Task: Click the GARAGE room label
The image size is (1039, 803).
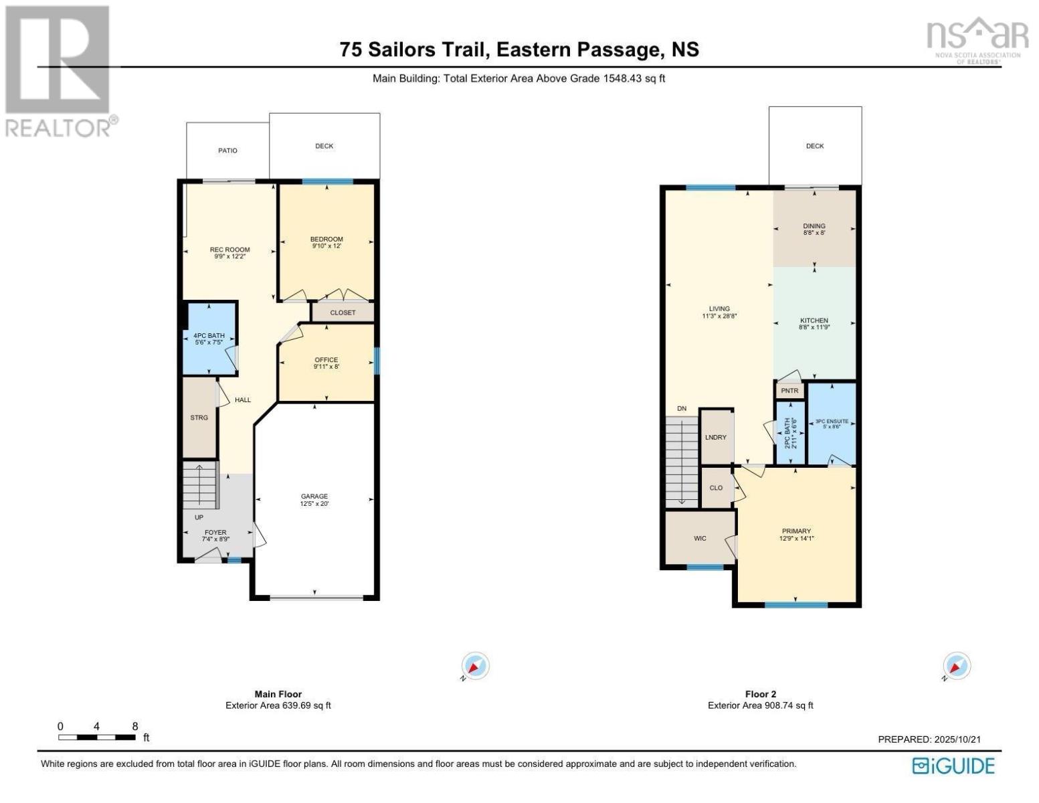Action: (x=314, y=497)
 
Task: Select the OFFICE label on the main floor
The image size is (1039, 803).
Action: (x=326, y=360)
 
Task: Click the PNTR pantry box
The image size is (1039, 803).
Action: (x=789, y=391)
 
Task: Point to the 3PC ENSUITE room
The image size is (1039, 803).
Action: (x=832, y=424)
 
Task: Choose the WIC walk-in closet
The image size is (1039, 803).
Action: (x=700, y=538)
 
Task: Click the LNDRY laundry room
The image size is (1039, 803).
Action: (x=715, y=437)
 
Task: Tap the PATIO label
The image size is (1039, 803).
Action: (x=227, y=151)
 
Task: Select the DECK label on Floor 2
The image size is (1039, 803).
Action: (x=815, y=146)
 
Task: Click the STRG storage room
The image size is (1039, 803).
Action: (x=199, y=418)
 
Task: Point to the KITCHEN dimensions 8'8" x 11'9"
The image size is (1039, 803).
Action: (x=814, y=328)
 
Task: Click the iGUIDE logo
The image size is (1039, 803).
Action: (x=954, y=766)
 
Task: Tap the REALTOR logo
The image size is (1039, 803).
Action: (x=59, y=70)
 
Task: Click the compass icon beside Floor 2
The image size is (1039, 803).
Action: (x=957, y=666)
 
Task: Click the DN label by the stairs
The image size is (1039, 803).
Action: (x=682, y=408)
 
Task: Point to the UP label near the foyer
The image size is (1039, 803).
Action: (x=199, y=517)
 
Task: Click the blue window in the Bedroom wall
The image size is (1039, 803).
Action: (x=326, y=181)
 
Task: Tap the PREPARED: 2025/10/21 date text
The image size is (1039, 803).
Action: (x=929, y=739)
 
